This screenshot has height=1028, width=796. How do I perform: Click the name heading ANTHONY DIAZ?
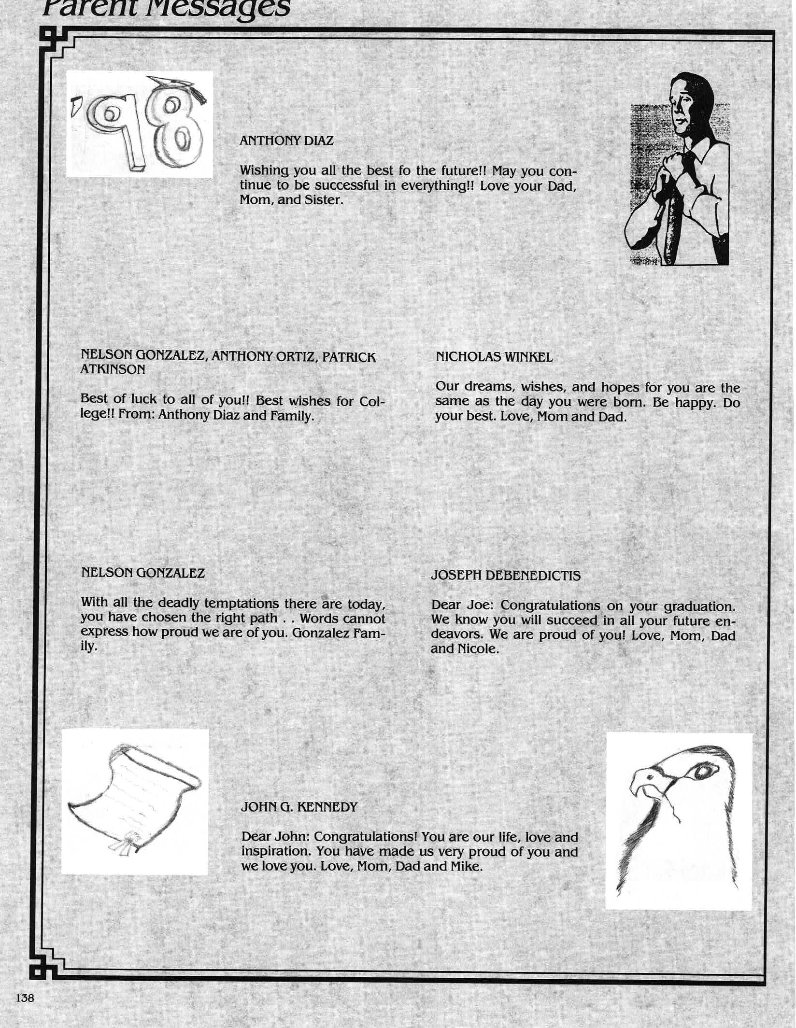(x=286, y=141)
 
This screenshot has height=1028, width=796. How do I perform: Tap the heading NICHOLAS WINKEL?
(x=494, y=357)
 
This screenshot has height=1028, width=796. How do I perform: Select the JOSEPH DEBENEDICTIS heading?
(x=506, y=576)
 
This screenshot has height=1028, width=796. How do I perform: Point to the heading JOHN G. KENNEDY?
(x=299, y=807)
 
